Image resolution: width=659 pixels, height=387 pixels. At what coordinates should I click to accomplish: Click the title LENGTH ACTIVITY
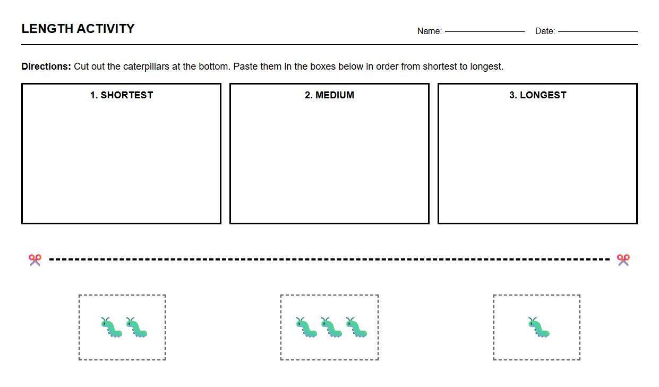pyautogui.click(x=78, y=29)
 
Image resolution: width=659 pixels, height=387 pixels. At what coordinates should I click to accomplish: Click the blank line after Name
pyautogui.click(x=484, y=31)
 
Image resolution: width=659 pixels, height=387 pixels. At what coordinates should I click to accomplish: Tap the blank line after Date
pyautogui.click(x=597, y=31)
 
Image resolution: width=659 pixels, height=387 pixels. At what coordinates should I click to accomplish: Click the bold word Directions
pyautogui.click(x=46, y=66)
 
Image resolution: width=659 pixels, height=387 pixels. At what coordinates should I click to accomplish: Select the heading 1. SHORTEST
pyautogui.click(x=122, y=95)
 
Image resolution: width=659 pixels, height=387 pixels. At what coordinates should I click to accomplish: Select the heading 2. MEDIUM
pyautogui.click(x=329, y=95)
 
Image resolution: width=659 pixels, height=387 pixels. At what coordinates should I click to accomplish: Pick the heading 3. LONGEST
pyautogui.click(x=537, y=95)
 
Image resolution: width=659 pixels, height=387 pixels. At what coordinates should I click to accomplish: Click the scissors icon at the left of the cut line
pyautogui.click(x=35, y=260)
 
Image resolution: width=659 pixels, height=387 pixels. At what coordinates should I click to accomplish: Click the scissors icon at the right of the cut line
pyautogui.click(x=623, y=260)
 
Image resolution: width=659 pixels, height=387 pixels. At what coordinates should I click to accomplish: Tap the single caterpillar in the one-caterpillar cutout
pyautogui.click(x=538, y=327)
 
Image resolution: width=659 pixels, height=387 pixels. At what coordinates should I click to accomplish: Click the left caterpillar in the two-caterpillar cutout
pyautogui.click(x=112, y=327)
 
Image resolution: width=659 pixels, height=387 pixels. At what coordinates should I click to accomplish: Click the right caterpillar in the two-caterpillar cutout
pyautogui.click(x=136, y=327)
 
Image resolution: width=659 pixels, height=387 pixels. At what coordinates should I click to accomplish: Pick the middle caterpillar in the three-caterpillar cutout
pyautogui.click(x=331, y=327)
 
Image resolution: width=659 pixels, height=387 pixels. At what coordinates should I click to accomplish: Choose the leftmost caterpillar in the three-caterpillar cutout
pyautogui.click(x=306, y=327)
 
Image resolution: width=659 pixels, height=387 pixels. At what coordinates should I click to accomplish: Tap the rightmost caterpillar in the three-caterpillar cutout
pyautogui.click(x=356, y=327)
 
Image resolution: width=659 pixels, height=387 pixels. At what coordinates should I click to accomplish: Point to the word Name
pyautogui.click(x=429, y=31)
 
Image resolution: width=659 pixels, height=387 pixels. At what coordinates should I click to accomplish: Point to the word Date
pyautogui.click(x=545, y=31)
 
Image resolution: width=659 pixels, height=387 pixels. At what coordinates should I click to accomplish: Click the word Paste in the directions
pyautogui.click(x=245, y=66)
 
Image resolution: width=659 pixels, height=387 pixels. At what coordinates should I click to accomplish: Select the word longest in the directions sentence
pyautogui.click(x=486, y=66)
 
